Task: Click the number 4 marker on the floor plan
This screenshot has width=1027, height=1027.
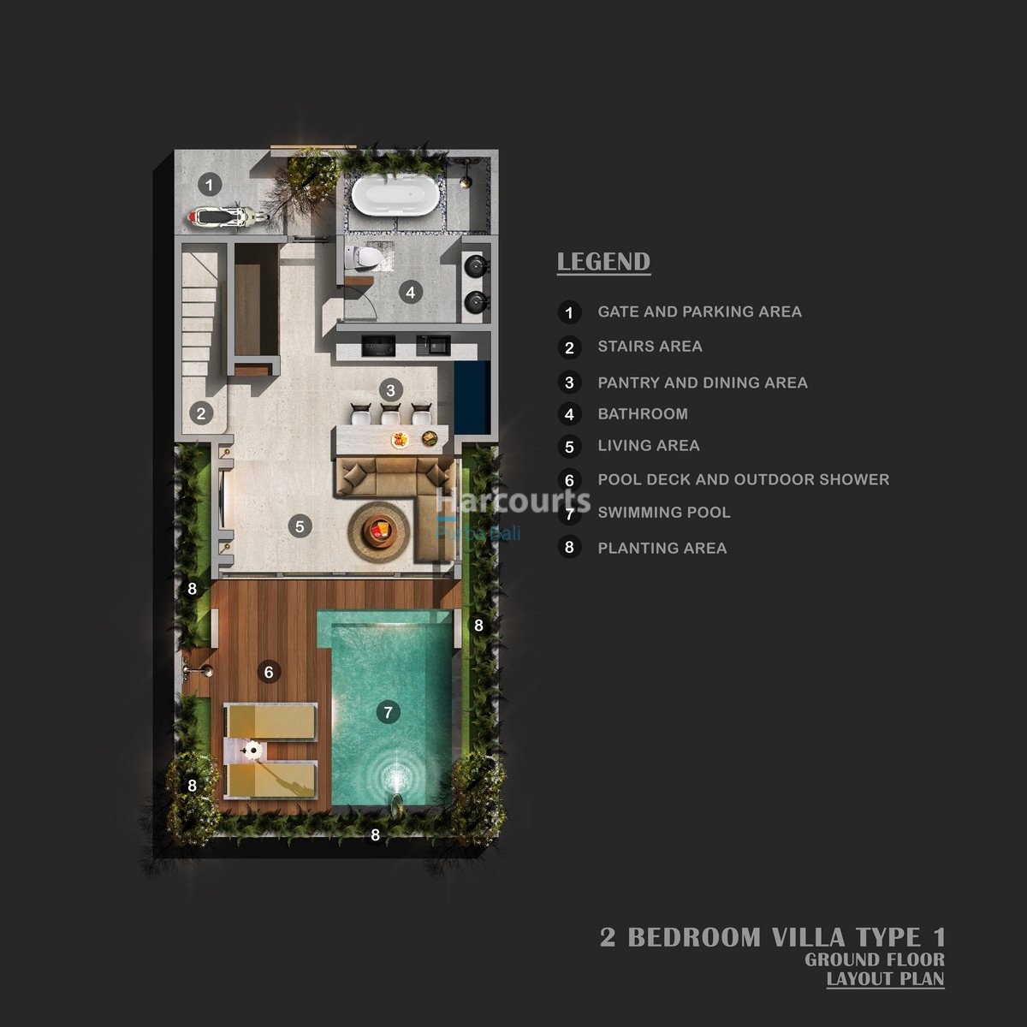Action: click(411, 292)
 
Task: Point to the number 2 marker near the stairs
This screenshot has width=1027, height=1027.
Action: click(201, 413)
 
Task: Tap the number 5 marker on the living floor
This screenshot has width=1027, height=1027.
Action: click(300, 525)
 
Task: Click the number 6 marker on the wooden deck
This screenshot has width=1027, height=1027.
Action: click(269, 672)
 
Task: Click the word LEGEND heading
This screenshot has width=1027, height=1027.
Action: click(603, 262)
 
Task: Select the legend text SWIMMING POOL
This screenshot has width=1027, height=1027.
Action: click(664, 513)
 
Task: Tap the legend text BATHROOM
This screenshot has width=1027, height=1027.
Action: click(643, 414)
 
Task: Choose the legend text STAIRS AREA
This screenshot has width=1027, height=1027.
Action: click(650, 347)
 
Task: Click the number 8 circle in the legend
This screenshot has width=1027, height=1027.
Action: click(569, 547)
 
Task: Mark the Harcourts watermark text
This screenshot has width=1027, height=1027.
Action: click(513, 501)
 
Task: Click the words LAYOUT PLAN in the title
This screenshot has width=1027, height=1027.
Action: click(885, 978)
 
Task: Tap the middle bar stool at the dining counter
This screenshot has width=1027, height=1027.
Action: click(390, 414)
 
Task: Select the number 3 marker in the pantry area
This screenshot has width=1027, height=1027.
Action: click(390, 390)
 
